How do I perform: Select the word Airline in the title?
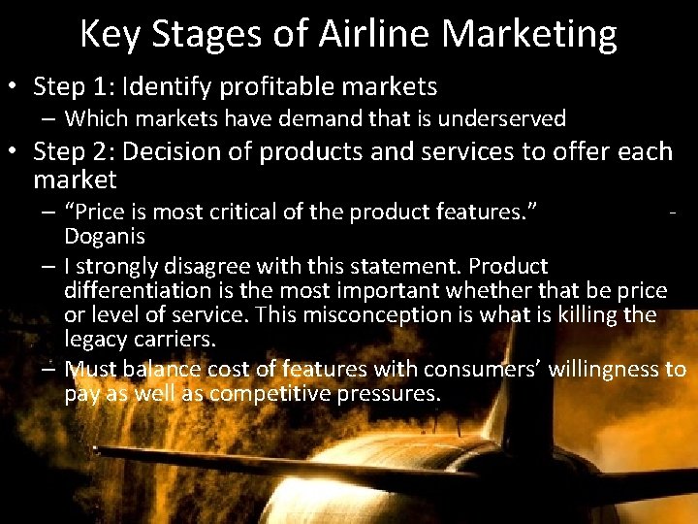tap(370, 34)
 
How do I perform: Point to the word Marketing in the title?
tap(528, 34)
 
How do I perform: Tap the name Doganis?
tap(104, 236)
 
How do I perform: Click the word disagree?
tap(204, 266)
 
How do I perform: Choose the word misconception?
tap(366, 314)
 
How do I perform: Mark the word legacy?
tap(92, 339)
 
